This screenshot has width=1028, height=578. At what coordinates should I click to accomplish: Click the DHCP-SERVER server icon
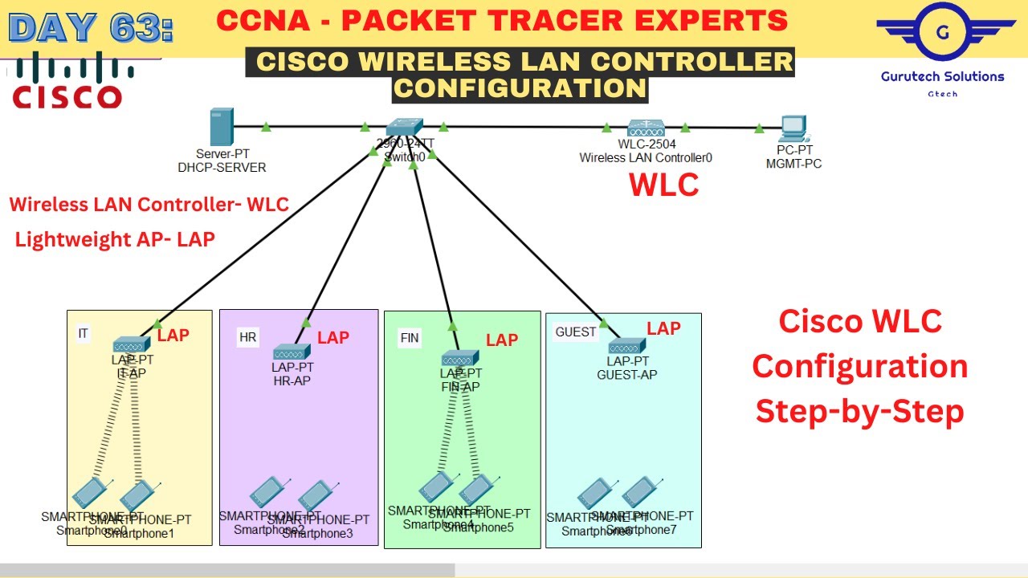coord(221,127)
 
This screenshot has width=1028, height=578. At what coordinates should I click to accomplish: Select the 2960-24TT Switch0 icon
coord(403,127)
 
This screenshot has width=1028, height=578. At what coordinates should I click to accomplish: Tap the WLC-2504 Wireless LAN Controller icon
coord(645,128)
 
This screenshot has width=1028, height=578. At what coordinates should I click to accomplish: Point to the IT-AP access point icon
coord(132,345)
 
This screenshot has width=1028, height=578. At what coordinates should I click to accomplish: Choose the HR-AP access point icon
coord(292,352)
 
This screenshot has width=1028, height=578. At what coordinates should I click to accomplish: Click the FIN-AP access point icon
coord(459,358)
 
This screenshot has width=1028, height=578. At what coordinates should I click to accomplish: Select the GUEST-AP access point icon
coord(627,347)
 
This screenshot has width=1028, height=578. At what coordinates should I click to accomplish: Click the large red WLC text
coord(664,185)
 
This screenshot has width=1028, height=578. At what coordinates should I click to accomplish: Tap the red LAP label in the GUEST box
coord(663,328)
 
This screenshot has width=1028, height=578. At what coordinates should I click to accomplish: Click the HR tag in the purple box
coord(247,337)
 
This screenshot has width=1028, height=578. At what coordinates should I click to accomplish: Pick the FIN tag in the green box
coord(410,338)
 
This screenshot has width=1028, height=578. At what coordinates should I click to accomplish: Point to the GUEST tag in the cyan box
coord(576,332)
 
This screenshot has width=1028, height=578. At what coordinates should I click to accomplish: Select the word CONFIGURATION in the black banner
coord(520,87)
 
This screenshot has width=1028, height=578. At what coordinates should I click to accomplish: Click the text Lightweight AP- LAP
coord(115,239)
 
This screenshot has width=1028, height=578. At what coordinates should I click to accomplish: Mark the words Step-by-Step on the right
coord(860,411)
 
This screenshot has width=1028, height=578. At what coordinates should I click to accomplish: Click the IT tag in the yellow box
coord(83,333)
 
